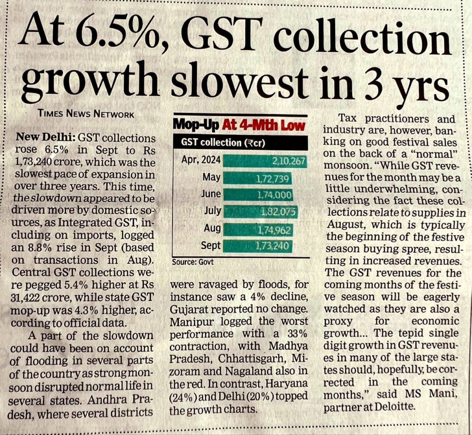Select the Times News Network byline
point(87,114)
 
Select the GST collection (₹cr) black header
point(240,142)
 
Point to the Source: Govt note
point(193,262)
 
